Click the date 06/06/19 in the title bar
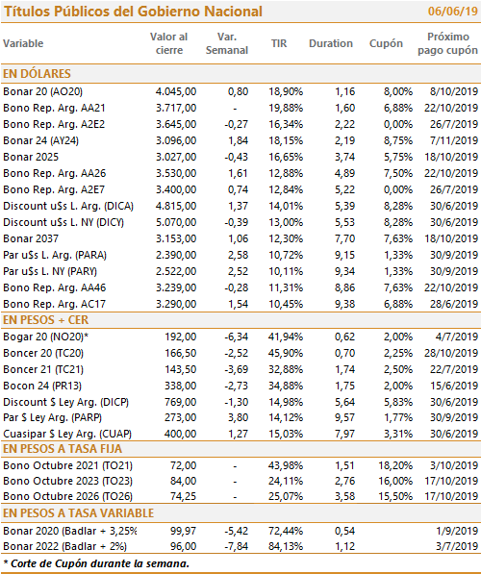[x=453, y=11]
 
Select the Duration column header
[x=330, y=43]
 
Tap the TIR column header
[x=279, y=43]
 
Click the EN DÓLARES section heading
[x=37, y=74]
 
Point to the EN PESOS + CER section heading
[x=45, y=320]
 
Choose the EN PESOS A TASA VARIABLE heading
[x=78, y=513]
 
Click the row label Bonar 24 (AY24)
[x=40, y=140]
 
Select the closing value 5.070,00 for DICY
[x=176, y=222]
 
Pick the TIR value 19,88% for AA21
[x=286, y=108]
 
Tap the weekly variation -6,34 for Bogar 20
[x=237, y=337]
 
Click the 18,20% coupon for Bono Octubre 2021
[x=395, y=465]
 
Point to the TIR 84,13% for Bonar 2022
[x=286, y=546]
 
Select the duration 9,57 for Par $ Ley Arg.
[x=344, y=417]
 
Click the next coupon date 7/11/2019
[x=454, y=140]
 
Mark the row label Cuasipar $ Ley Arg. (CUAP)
[x=67, y=434]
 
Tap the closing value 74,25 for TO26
[x=183, y=496]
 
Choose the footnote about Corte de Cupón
[x=96, y=563]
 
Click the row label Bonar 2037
[x=31, y=238]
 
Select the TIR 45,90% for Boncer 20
[x=286, y=353]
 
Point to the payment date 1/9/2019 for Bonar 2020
[x=457, y=531]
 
